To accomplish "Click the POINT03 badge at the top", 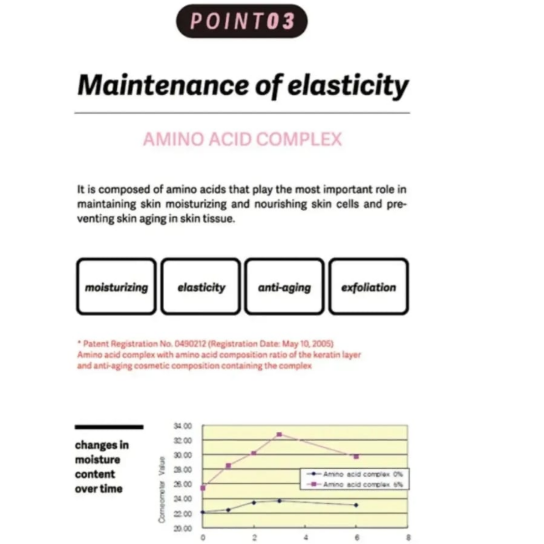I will pos(242,21).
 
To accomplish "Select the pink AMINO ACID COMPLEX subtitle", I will pos(243,139).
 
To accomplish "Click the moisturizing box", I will pos(116,286).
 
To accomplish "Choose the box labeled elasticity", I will pos(201,286).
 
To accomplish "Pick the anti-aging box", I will pos(284,286).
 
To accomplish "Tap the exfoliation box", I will pos(369,286).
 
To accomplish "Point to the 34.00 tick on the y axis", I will pos(182,426).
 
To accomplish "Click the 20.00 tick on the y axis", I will pos(182,529).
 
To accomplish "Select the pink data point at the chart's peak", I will pos(279,435).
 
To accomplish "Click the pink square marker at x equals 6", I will pos(356,456).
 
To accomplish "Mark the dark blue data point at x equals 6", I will pos(356,505).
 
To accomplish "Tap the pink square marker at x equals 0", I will pos(203,488).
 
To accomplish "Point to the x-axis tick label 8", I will pos(408,537).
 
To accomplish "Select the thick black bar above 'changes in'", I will pos(109,427).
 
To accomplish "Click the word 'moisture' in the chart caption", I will pos(97,460).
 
